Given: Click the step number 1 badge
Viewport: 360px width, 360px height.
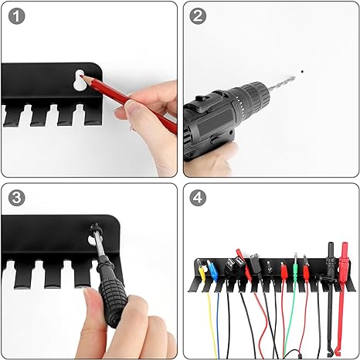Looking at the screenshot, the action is coord(17,16).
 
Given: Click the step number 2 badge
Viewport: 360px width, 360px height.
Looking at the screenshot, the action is coord(198,16).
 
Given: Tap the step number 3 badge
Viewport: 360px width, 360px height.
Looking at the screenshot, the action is coord(17,198).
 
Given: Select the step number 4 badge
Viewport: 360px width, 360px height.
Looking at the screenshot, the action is coord(198,198).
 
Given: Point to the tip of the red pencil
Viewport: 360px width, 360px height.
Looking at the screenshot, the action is coord(81,76).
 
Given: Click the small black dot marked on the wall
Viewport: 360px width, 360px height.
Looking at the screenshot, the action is coord(302,71).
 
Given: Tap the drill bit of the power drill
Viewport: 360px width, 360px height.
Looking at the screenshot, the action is coord(282,83).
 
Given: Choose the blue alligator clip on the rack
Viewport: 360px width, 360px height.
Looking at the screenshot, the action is coord(212,271).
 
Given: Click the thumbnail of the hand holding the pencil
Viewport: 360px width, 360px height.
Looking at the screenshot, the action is coord(131,106).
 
